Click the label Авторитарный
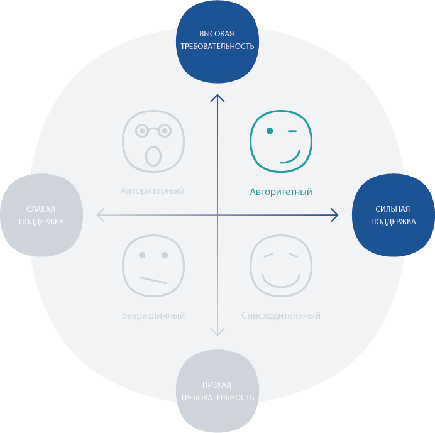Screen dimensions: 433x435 tap(153, 190)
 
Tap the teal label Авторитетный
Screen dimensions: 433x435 tap(281, 191)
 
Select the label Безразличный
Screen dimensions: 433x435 tap(153, 315)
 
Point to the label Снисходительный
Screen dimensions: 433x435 tap(281, 315)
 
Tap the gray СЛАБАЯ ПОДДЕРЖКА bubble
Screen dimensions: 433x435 tap(41, 215)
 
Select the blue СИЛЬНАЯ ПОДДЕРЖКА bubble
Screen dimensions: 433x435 tap(393, 215)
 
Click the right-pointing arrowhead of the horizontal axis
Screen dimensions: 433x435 tap(335, 216)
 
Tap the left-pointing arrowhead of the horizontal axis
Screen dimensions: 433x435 tap(100, 216)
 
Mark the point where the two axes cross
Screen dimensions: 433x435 tap(217, 216)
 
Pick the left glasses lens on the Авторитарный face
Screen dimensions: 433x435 tap(143, 131)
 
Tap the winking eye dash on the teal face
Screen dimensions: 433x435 tap(292, 132)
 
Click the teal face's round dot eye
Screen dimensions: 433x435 tap(270, 131)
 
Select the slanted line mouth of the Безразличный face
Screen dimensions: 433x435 tap(153, 280)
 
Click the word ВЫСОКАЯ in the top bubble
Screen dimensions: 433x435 tap(217, 33)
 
